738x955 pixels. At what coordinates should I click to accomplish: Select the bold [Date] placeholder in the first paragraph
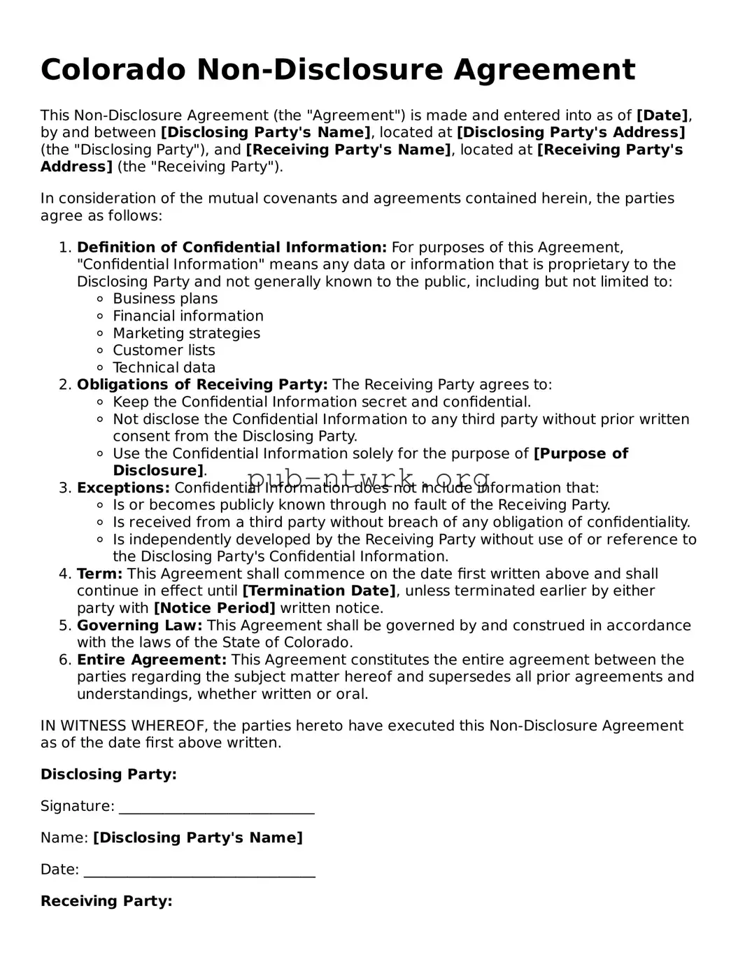[662, 115]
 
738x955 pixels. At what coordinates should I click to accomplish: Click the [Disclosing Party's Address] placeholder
[571, 132]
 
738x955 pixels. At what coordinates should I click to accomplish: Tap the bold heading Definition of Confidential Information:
[232, 247]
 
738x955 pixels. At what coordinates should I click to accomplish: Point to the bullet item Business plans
[165, 299]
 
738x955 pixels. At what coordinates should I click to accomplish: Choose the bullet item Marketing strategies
[186, 333]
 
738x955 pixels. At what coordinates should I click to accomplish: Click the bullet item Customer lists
[164, 351]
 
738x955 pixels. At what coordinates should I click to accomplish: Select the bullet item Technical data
[164, 367]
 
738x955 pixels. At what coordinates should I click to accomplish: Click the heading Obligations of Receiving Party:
[202, 385]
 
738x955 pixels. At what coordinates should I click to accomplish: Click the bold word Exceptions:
[123, 488]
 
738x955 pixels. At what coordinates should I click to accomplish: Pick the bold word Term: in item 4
[99, 574]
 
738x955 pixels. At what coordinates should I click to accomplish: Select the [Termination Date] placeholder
[319, 591]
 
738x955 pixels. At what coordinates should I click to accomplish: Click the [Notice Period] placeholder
[214, 608]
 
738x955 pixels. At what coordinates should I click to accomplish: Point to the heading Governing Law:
[139, 625]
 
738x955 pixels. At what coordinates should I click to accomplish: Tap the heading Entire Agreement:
[152, 660]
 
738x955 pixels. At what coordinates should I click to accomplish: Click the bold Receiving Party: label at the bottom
[106, 901]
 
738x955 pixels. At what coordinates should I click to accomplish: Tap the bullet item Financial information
[188, 316]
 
